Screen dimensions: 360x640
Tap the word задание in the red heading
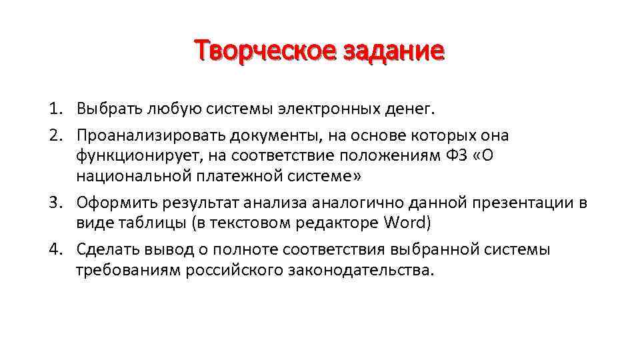click(394, 51)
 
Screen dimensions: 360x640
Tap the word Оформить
click(111, 203)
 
